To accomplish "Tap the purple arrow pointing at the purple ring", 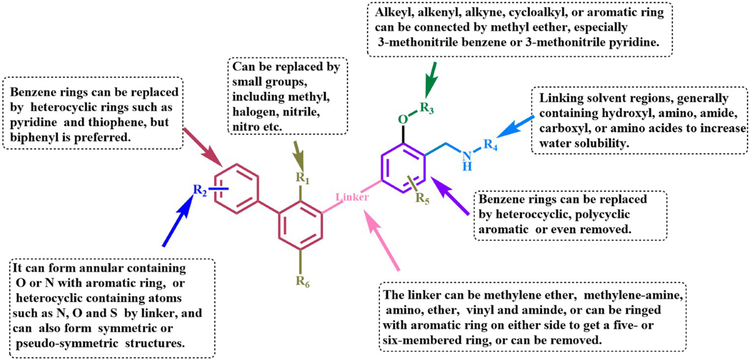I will pos(452,199).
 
